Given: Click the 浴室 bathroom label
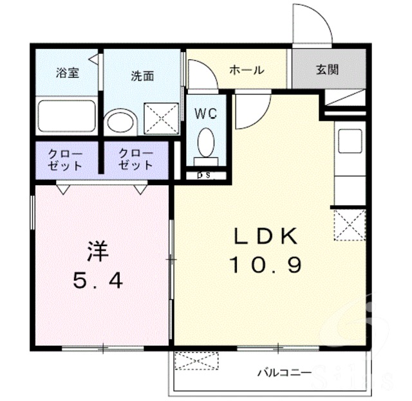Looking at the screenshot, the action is click(x=68, y=73).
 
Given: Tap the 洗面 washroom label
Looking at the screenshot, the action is click(x=142, y=76).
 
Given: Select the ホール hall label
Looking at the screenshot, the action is click(x=247, y=70).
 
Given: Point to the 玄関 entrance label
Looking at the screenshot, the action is click(x=327, y=69).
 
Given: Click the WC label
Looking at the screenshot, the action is click(x=206, y=113).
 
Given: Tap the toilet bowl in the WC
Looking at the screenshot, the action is click(x=206, y=143).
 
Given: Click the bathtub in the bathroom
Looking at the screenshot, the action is click(x=67, y=116).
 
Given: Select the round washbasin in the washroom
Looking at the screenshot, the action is click(x=121, y=123).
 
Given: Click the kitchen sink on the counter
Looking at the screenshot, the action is click(x=350, y=141).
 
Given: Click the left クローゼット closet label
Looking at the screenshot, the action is click(x=65, y=159).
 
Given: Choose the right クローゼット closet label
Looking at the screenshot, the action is click(x=136, y=159).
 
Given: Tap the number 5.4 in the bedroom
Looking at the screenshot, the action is click(x=98, y=280).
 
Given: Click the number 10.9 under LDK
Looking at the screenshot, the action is click(x=265, y=264).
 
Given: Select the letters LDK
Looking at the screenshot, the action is click(x=266, y=235).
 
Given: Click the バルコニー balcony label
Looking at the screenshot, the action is click(x=285, y=372).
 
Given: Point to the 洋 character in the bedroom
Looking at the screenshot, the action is click(x=98, y=251).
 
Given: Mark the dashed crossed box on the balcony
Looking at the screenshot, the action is click(x=197, y=361).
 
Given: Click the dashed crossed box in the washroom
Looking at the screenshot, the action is click(x=162, y=119).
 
